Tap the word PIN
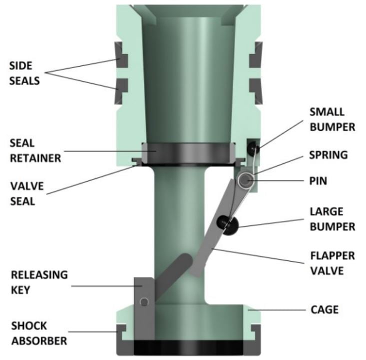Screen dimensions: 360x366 point(318,180)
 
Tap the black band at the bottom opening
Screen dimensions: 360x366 point(188,347)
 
